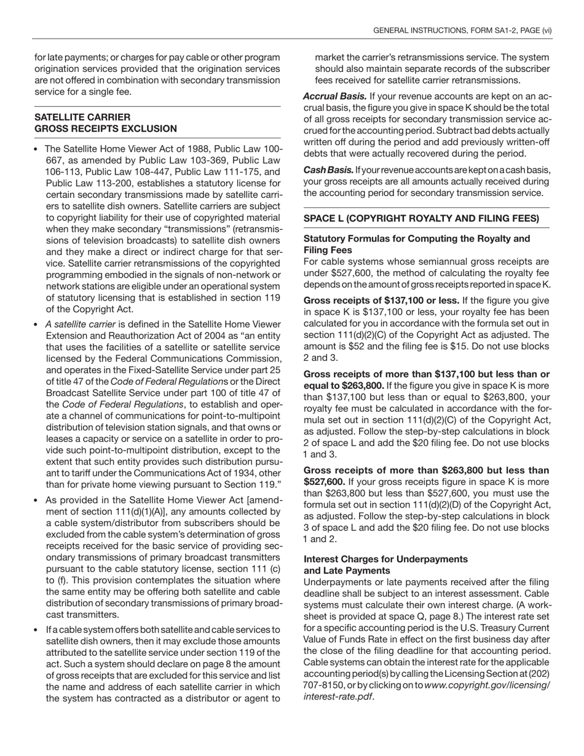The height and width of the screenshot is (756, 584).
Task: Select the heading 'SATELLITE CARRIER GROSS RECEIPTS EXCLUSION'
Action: (106, 123)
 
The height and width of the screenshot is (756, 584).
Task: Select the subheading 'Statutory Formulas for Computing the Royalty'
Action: (416, 238)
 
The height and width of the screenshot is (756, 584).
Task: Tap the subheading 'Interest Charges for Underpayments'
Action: (385, 559)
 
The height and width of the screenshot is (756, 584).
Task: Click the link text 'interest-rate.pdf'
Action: (338, 696)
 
